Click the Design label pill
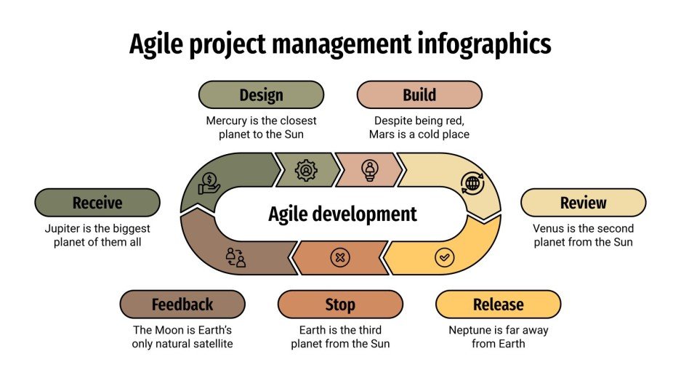(262, 94)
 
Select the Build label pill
(419, 94)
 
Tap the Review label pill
(583, 202)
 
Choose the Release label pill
(498, 305)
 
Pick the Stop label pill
(340, 305)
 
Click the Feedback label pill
(182, 305)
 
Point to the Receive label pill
(97, 202)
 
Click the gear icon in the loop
(306, 170)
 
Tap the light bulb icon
(370, 170)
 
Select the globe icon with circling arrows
(472, 182)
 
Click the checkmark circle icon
(443, 257)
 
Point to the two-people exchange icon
(235, 257)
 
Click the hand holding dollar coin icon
(209, 182)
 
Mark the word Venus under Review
(550, 228)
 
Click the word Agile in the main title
(156, 45)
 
